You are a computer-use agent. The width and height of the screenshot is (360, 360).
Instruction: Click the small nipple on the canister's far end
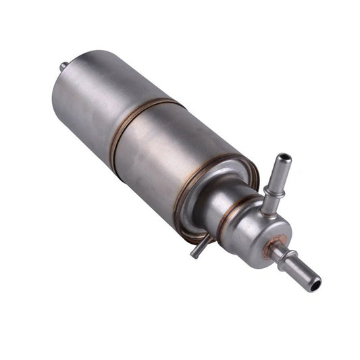click(63, 66)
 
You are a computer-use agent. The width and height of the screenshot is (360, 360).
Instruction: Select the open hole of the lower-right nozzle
click(315, 286)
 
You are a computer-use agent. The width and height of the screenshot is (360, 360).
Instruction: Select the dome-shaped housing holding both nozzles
click(260, 226)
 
